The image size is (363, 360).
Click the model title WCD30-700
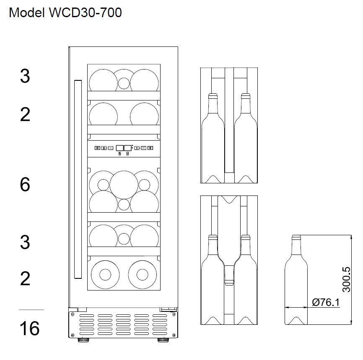65,13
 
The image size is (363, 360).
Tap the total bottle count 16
29,329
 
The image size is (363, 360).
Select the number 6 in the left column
25,184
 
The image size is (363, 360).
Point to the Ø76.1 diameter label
326,302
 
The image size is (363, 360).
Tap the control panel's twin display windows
123,148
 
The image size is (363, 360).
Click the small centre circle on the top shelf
124,83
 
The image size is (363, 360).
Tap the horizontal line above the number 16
31,310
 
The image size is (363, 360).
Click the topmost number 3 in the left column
25,77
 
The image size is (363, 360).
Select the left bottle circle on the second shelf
103,114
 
